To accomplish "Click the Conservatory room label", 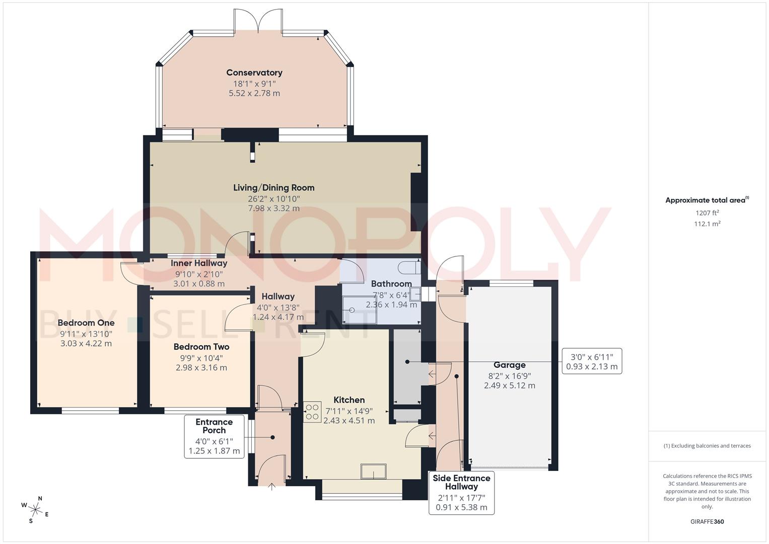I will pos(254,73).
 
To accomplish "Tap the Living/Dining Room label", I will pos(273,188).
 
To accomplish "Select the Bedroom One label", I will pos(86,323).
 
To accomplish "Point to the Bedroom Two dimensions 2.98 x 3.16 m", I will pos(201,368).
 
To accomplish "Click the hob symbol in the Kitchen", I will pos(312,412).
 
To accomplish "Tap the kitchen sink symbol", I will pos(373,472).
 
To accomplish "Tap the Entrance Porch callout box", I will pos(214,436).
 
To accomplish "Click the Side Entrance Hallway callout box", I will pos(461,493).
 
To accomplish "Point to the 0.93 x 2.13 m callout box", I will pos(592,361).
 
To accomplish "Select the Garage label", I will pos(509,365).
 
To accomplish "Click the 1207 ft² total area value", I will pos(707,213).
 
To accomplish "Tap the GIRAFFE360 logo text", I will pos(707,521).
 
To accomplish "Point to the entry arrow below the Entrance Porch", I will pos(272,487).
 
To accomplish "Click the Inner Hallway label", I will pos(199,263).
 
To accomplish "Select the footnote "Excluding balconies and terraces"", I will pos(707,446).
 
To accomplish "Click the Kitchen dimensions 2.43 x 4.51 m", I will pos(349,421).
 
